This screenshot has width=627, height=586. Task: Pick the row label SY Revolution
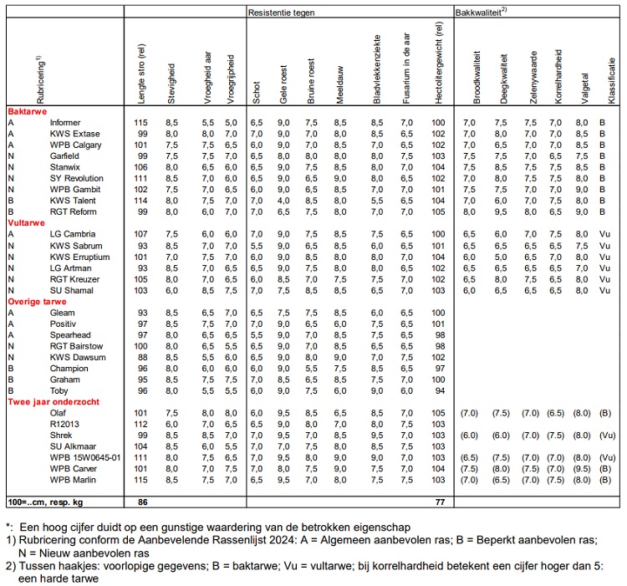click(x=77, y=178)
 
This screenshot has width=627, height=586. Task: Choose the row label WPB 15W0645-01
click(x=86, y=456)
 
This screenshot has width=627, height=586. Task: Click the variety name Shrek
click(x=63, y=435)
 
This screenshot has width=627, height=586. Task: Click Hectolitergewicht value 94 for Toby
click(x=436, y=390)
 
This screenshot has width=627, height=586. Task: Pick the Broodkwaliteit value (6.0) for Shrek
click(x=469, y=435)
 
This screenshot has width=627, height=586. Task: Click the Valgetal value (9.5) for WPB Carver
click(x=581, y=468)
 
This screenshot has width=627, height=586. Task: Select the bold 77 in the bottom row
click(x=436, y=502)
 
